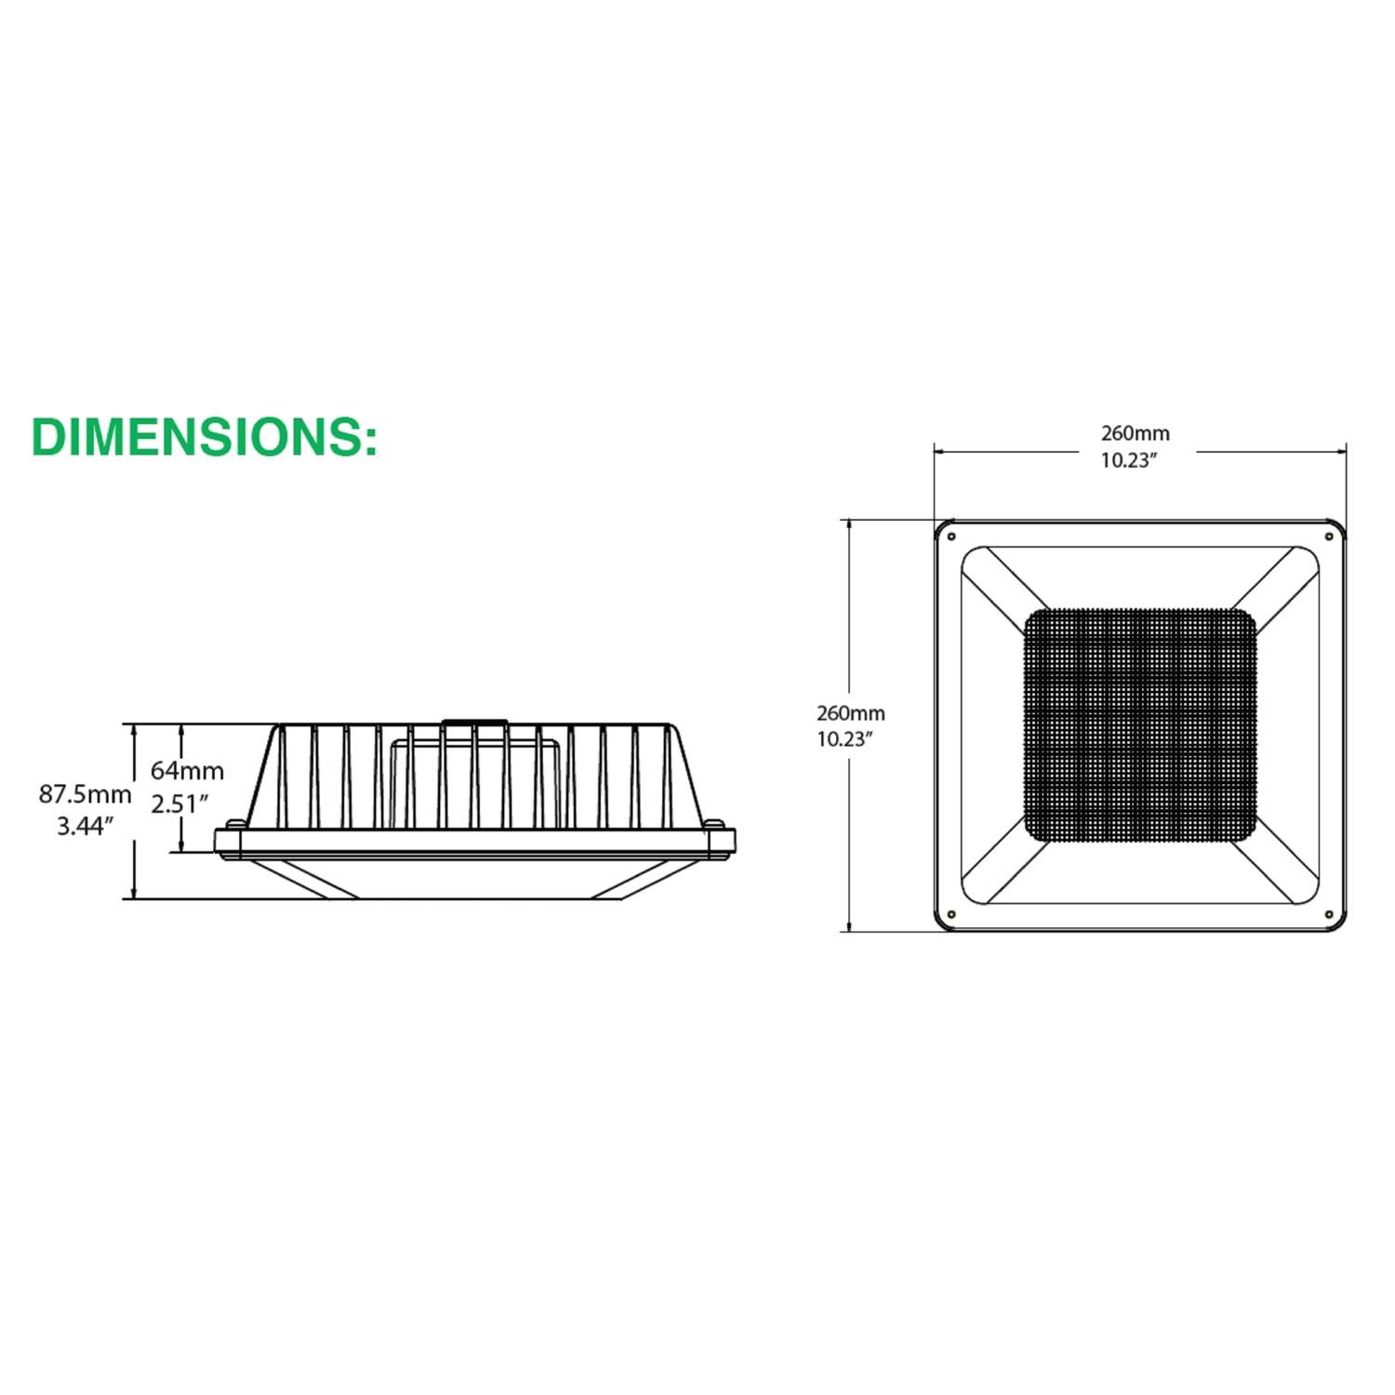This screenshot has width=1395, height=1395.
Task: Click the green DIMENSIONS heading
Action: click(x=205, y=437)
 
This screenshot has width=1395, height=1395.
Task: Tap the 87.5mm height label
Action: click(x=85, y=794)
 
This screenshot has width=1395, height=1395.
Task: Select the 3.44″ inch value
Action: click(x=85, y=826)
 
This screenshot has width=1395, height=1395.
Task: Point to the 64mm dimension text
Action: click(x=187, y=771)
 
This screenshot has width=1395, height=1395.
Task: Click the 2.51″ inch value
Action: click(x=179, y=804)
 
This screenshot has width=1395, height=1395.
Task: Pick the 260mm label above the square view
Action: click(x=1136, y=433)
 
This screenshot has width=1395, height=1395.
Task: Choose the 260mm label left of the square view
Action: click(x=850, y=713)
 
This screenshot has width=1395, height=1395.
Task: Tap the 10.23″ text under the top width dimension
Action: click(x=1129, y=460)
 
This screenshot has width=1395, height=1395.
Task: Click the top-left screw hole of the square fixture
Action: click(x=951, y=537)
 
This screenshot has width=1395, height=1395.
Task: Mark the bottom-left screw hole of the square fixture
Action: click(x=951, y=915)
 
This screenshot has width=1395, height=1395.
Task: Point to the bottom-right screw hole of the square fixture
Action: click(x=1329, y=915)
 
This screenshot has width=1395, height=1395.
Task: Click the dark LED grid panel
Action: click(x=1139, y=725)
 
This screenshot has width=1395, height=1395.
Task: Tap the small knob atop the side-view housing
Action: click(x=474, y=721)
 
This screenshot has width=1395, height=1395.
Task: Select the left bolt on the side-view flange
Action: click(x=236, y=824)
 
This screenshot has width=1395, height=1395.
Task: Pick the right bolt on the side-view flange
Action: click(x=713, y=824)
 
